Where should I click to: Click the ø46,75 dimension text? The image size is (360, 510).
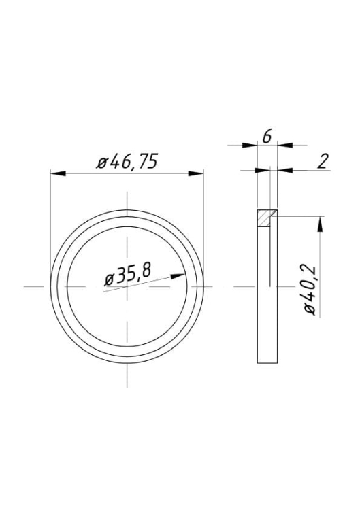(127, 161)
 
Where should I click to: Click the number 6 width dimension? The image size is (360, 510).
(267, 137)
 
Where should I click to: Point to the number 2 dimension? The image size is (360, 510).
(323, 162)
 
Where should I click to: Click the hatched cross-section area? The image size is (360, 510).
(264, 218)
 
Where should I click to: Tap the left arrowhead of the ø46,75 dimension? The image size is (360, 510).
(59, 173)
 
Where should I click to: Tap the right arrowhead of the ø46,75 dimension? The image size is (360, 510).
(196, 173)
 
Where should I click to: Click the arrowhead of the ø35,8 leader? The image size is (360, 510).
(178, 277)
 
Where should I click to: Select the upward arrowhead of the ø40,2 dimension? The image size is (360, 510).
(321, 224)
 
